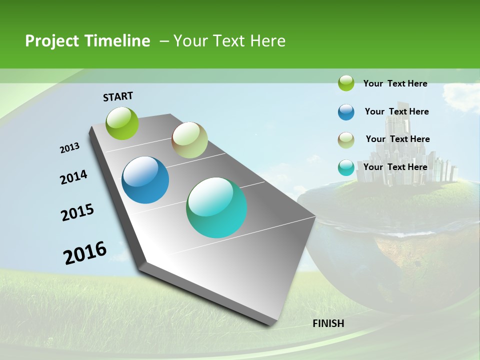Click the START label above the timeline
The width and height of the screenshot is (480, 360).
(118, 96)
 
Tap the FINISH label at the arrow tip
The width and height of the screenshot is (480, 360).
(328, 323)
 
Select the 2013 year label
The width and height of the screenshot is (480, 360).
(69, 148)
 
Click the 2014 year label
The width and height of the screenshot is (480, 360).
(73, 177)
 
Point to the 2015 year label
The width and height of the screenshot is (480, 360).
(77, 212)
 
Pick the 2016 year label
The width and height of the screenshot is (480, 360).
(85, 253)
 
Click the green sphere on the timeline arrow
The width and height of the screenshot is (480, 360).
(122, 123)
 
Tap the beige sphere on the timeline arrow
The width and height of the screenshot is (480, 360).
(189, 140)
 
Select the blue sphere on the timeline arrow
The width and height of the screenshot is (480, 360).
(145, 180)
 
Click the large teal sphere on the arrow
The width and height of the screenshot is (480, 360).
(216, 207)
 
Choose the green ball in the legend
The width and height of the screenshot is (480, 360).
(346, 83)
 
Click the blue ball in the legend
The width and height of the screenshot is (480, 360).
(346, 112)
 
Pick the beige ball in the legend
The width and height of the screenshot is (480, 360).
(346, 140)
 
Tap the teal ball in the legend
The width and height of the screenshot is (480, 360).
(346, 167)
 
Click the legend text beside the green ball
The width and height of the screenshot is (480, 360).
(395, 83)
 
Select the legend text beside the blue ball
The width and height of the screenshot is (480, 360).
(396, 111)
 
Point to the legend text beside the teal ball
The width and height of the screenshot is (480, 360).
(395, 167)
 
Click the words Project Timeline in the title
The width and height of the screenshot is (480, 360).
(87, 41)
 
